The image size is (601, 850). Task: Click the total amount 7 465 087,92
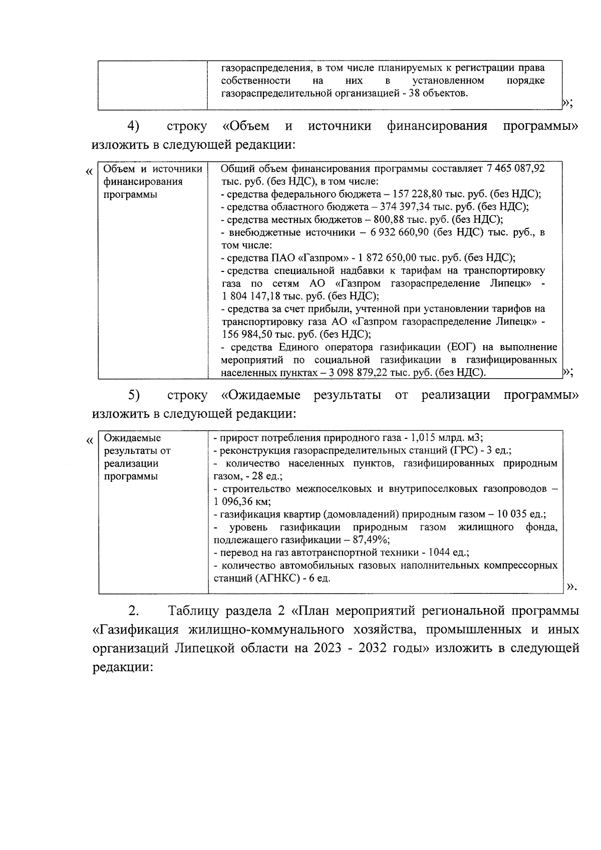point(515,169)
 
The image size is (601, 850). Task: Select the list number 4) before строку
point(133,126)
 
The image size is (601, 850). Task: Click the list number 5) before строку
point(133,395)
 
